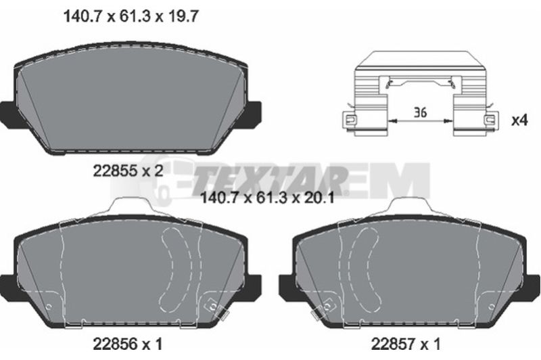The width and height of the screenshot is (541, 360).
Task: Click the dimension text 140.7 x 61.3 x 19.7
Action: pos(131,16)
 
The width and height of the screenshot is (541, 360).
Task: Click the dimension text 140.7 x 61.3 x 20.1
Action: pos(267,198)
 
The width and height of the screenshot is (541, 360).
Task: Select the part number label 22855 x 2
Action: pos(128,171)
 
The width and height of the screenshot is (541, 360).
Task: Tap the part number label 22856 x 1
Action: pos(127,344)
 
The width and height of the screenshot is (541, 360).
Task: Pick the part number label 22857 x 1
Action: pos(405,344)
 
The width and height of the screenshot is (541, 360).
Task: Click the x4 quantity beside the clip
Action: pos(519,120)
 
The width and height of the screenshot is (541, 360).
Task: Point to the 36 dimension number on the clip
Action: pos(420,112)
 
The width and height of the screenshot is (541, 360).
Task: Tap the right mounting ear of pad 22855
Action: pos(254,113)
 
